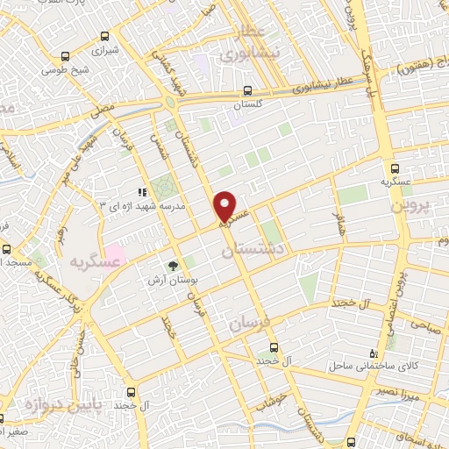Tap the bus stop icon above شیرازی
coord(104,37)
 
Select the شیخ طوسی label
coord(68,70)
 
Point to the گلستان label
coord(247,104)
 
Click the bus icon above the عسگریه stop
coord(394,168)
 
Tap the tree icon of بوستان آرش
coord(173,265)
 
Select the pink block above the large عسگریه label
coord(115,252)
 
